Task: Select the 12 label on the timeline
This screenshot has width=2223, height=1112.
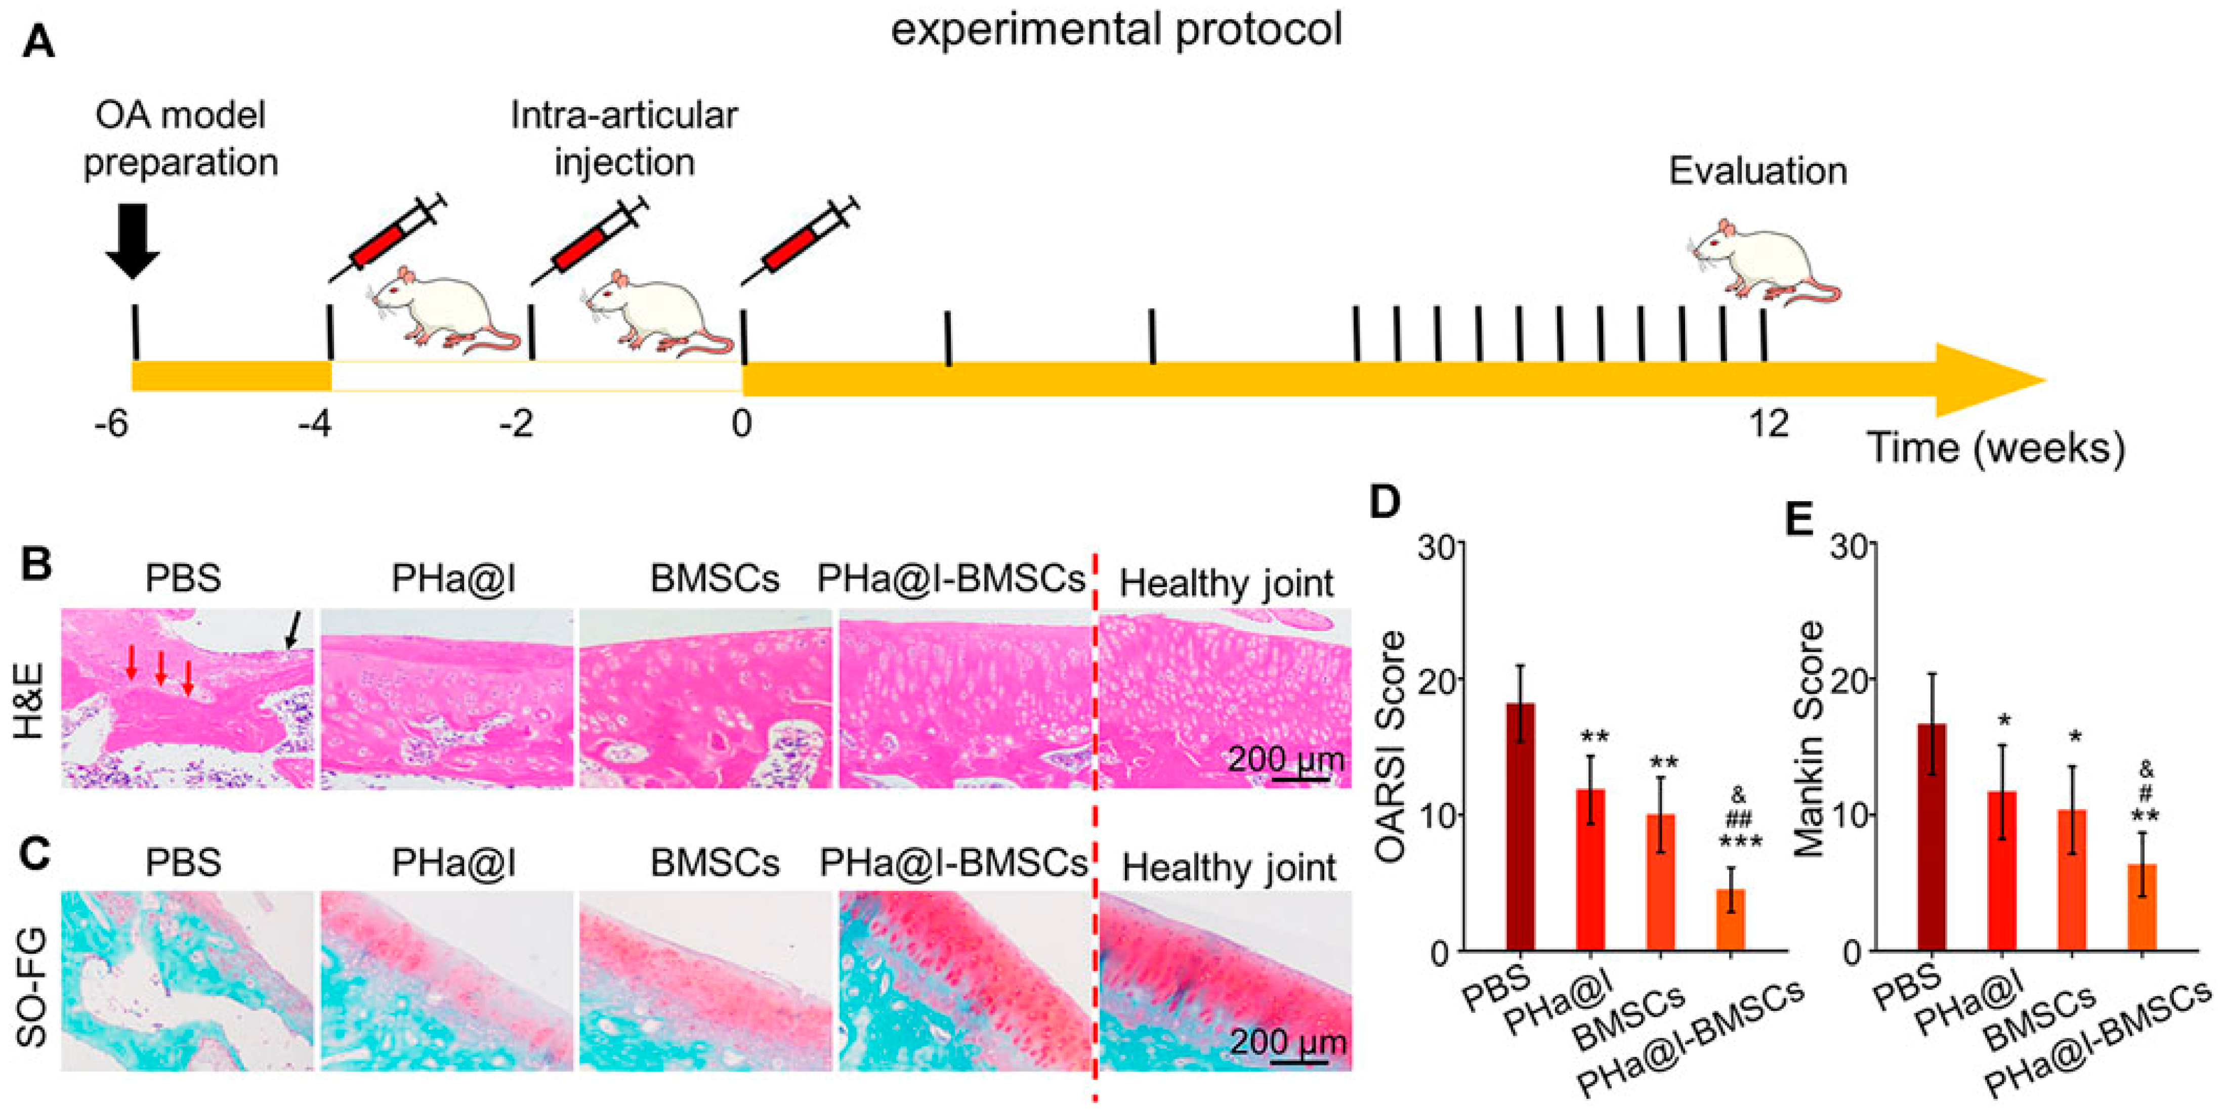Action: pos(1769,424)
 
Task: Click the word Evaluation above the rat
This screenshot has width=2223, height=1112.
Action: pos(1758,171)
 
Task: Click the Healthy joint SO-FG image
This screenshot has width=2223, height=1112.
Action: pos(1226,981)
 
